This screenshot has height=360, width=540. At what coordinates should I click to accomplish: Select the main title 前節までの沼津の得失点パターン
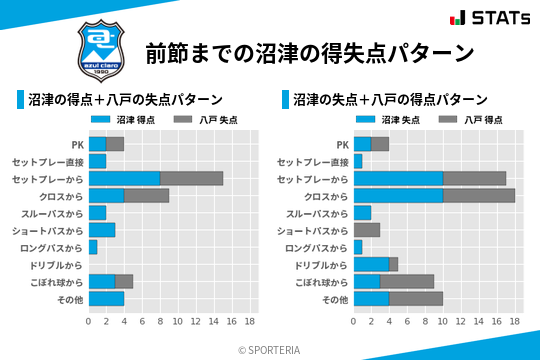(309, 52)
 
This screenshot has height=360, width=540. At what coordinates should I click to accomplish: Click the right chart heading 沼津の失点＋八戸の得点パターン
(390, 100)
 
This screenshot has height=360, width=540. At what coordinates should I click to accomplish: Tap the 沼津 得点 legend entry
(121, 119)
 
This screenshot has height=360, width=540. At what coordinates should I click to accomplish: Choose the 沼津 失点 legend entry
(386, 119)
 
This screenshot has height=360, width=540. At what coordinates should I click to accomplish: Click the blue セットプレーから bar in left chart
(124, 178)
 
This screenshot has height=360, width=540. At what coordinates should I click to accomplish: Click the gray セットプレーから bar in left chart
(191, 178)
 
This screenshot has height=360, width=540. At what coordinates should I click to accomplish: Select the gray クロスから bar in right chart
(479, 195)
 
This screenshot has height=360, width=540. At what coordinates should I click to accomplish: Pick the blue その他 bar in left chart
(106, 298)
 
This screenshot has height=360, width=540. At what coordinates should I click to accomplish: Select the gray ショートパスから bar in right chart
(366, 230)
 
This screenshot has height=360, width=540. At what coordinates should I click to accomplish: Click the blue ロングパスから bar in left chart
(93, 247)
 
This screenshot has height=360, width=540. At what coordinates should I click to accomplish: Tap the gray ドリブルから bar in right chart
(393, 264)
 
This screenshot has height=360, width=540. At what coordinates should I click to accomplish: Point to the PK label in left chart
(76, 144)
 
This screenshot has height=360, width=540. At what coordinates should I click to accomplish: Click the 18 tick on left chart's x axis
(250, 322)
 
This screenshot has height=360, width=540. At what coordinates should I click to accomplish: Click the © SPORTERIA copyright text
(270, 349)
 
